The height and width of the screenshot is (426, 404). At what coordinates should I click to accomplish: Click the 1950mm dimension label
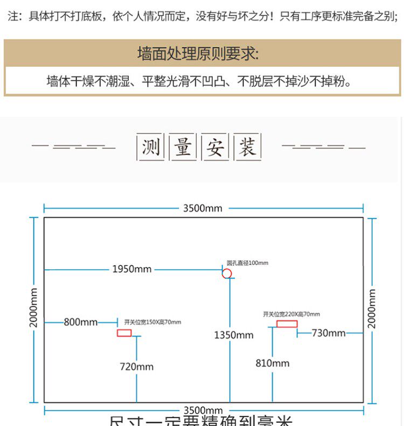pyautogui.click(x=132, y=269)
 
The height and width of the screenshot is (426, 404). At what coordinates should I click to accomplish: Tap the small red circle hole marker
pyautogui.click(x=227, y=274)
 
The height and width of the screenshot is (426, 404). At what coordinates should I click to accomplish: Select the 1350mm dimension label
pyautogui.click(x=234, y=335)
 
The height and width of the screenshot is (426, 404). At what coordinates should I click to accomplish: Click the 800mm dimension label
pyautogui.click(x=81, y=322)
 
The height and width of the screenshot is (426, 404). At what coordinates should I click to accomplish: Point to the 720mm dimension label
pyautogui.click(x=136, y=367)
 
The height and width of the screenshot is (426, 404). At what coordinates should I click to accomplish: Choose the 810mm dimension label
pyautogui.click(x=273, y=363)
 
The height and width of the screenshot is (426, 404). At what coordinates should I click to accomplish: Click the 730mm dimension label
pyautogui.click(x=329, y=333)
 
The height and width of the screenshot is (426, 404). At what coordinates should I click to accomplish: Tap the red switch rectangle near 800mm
pyautogui.click(x=124, y=333)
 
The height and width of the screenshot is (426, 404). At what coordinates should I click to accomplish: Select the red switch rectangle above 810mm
pyautogui.click(x=287, y=324)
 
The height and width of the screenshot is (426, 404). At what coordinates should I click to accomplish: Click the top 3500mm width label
pyautogui.click(x=203, y=208)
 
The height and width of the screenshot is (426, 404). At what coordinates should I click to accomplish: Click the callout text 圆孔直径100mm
pyautogui.click(x=247, y=263)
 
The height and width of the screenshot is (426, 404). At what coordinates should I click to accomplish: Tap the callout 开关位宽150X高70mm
pyautogui.click(x=152, y=322)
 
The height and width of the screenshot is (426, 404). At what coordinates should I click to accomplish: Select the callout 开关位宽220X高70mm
pyautogui.click(x=291, y=314)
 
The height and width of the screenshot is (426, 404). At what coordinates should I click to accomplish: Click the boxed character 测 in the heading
pyautogui.click(x=151, y=146)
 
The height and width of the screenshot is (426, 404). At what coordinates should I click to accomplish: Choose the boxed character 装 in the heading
pyautogui.click(x=248, y=146)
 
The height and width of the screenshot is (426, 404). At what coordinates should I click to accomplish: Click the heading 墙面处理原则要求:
pyautogui.click(x=198, y=54)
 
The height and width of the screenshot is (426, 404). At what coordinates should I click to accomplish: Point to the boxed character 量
pyautogui.click(x=183, y=146)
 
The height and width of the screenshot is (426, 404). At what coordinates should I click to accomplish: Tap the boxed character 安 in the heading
pyautogui.click(x=215, y=146)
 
